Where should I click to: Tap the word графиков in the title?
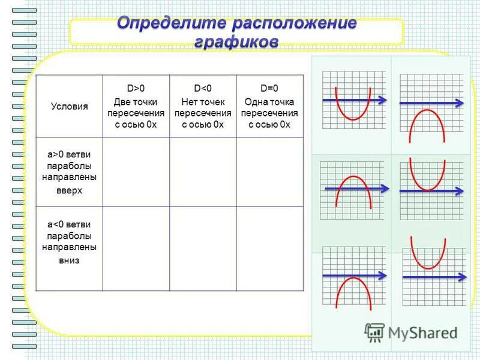[236, 43]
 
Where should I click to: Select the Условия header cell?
[69, 106]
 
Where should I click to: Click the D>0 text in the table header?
[136, 88]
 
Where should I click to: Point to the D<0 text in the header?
[203, 88]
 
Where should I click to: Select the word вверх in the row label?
[69, 190]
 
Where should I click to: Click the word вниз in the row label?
[69, 261]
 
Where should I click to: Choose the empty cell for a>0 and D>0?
[136, 172]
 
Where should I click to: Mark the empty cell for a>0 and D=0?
[270, 172]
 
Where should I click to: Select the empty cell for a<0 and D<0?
[203, 248]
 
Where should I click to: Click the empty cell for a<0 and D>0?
[136, 248]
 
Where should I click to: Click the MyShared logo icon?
[375, 332]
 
